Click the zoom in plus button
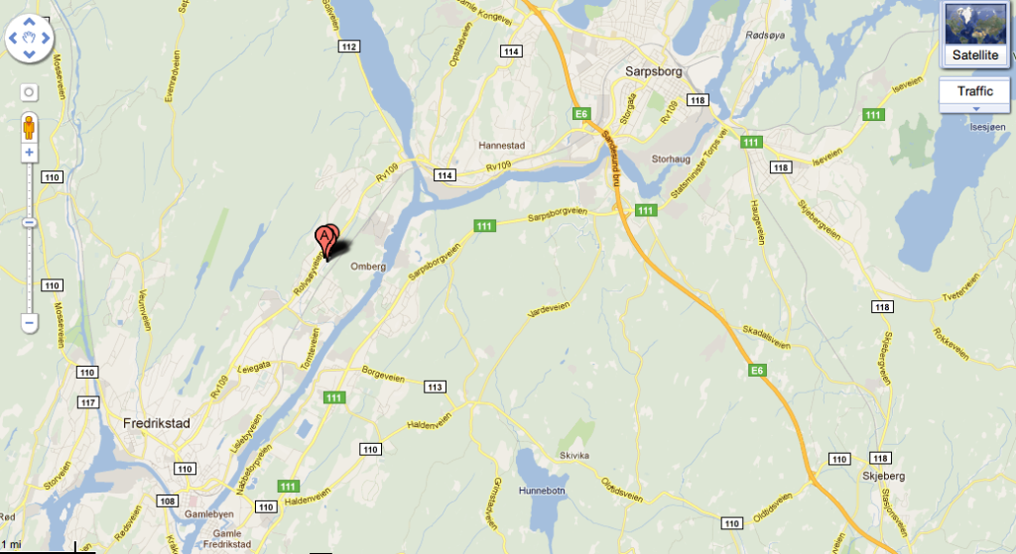click(x=29, y=153)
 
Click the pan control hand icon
click(x=31, y=39)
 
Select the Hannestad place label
click(x=501, y=146)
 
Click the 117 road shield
click(x=88, y=401)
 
